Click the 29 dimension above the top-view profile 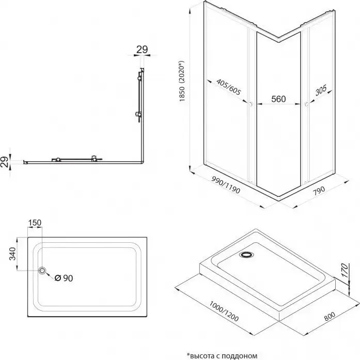(x=142, y=50)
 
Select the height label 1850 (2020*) (x=183, y=87)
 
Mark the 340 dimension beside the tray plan (x=10, y=253)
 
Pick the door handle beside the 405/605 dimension (x=251, y=105)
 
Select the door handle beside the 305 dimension (x=307, y=105)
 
